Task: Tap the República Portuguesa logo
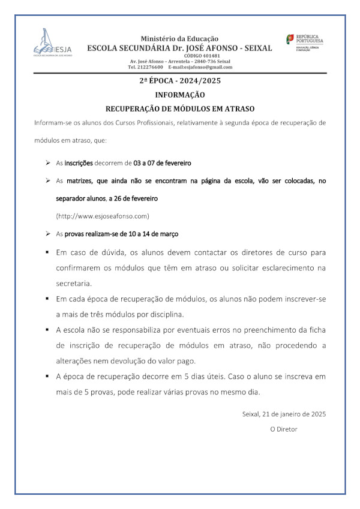(x=305, y=43)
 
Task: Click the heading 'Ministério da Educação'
(x=179, y=39)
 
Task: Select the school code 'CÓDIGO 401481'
(x=179, y=56)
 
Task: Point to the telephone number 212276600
(x=150, y=67)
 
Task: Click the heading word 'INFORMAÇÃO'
(x=179, y=95)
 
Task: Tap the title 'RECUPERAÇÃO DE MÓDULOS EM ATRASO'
(x=179, y=109)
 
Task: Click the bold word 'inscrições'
(x=79, y=162)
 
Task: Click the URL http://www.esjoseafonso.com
(x=102, y=215)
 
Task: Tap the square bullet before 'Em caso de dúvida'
(x=47, y=251)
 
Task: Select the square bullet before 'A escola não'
(x=47, y=330)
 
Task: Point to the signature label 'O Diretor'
(x=283, y=429)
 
